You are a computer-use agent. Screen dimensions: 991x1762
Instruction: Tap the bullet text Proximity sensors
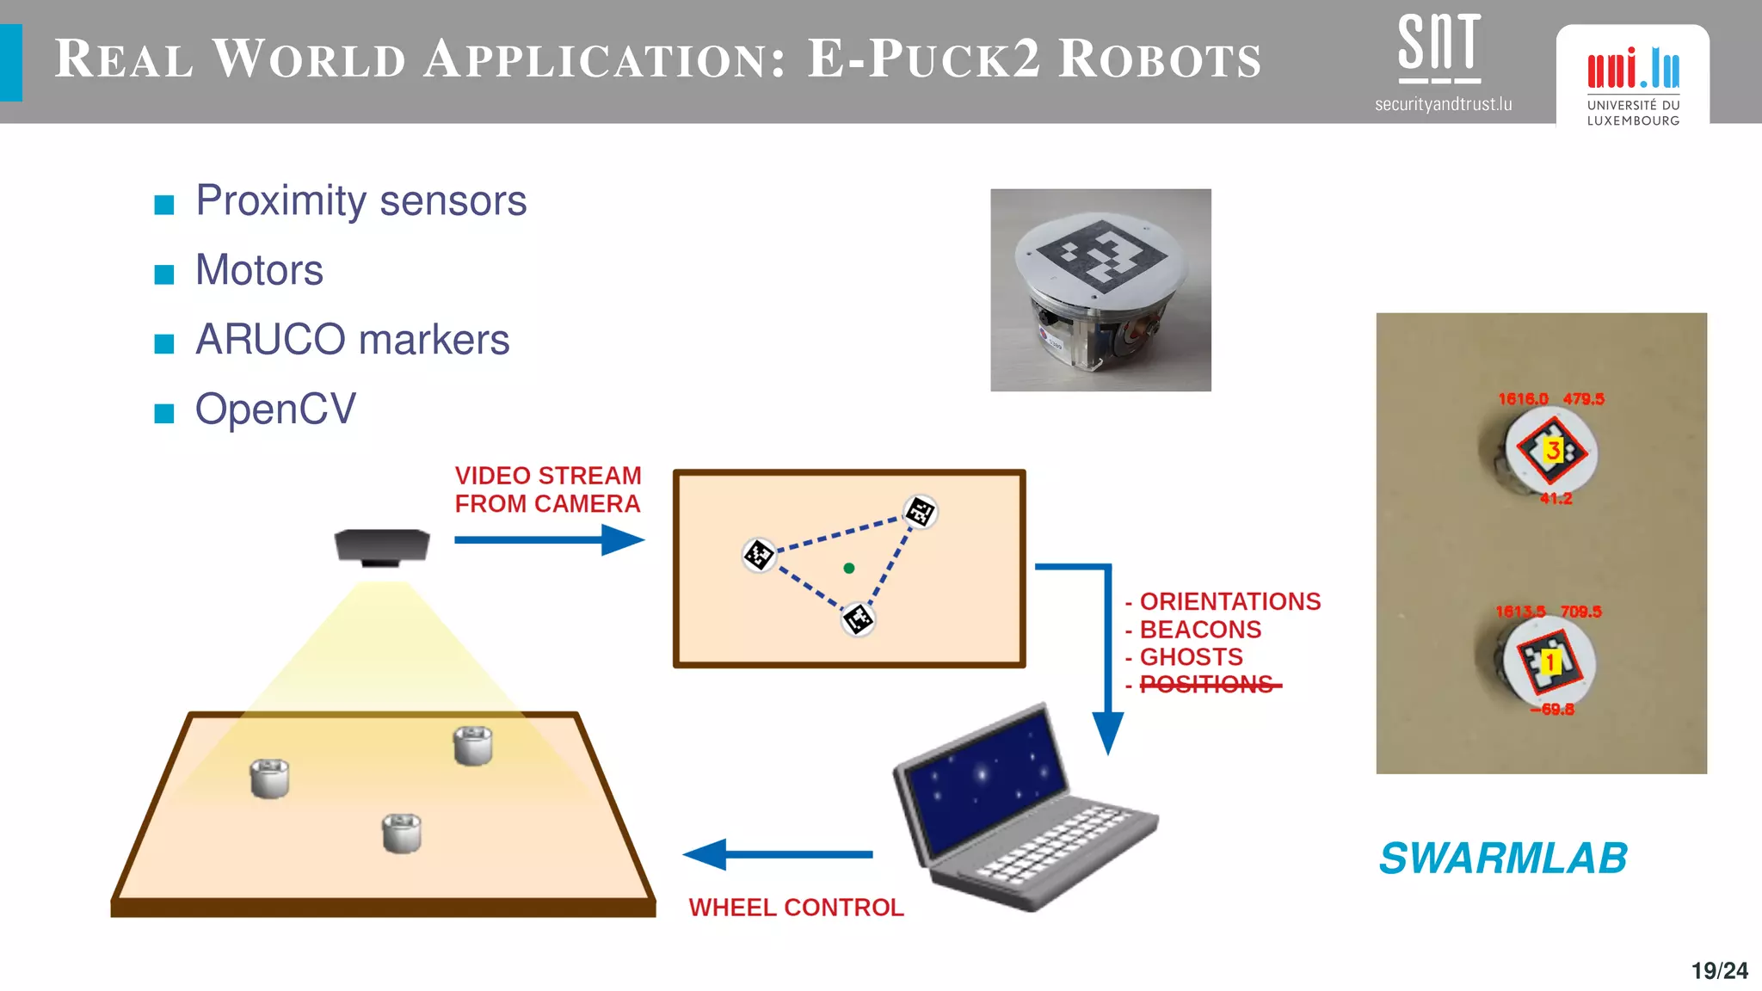point(360,201)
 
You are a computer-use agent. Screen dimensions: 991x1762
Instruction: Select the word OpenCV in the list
point(275,409)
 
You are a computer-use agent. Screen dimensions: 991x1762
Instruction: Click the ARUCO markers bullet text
point(352,340)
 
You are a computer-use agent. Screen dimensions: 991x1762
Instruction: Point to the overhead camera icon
point(382,547)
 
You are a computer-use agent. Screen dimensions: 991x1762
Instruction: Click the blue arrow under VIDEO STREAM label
point(549,540)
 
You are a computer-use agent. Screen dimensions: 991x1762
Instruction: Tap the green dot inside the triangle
point(849,568)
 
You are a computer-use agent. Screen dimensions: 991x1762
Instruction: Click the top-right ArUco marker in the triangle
point(920,512)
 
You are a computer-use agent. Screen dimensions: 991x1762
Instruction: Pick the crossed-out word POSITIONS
point(1206,685)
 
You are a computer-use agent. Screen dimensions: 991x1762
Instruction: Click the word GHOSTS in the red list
point(1191,657)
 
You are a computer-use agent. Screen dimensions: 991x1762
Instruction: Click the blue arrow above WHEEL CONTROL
point(778,854)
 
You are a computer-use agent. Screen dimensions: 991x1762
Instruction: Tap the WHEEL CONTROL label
point(796,908)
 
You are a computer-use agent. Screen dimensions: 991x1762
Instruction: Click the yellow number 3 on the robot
point(1553,450)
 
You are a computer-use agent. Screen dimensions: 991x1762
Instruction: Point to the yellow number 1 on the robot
point(1549,662)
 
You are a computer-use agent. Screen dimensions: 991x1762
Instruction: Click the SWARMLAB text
point(1503,859)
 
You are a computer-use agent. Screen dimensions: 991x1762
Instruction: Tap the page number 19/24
point(1719,971)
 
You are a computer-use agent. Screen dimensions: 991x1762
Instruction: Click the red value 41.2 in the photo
point(1556,499)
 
